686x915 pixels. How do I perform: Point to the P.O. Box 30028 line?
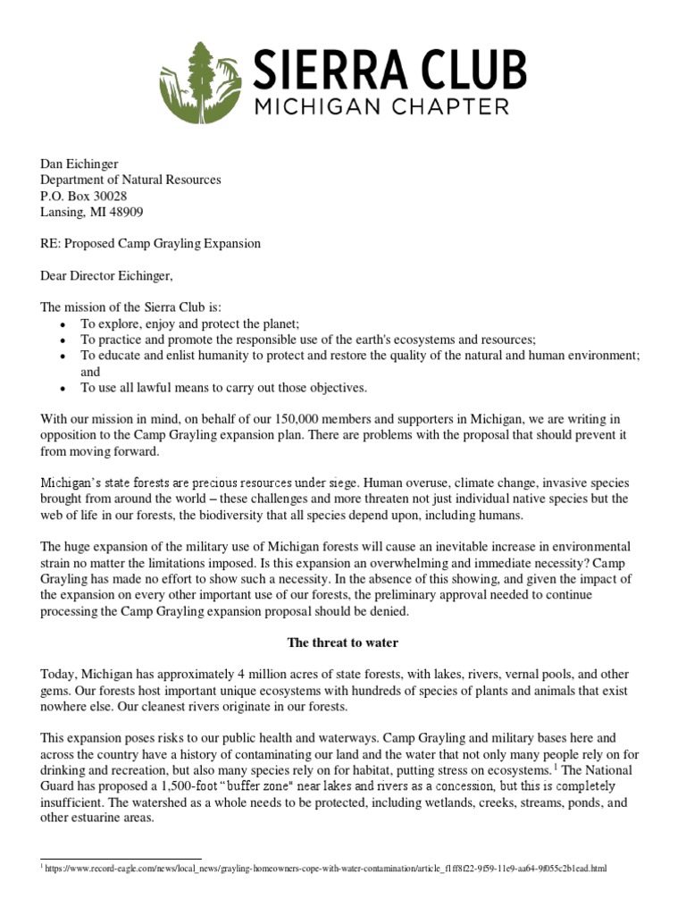[x=85, y=196]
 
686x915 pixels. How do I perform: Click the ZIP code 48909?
[x=125, y=212]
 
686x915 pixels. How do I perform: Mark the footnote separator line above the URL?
[x=121, y=859]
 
